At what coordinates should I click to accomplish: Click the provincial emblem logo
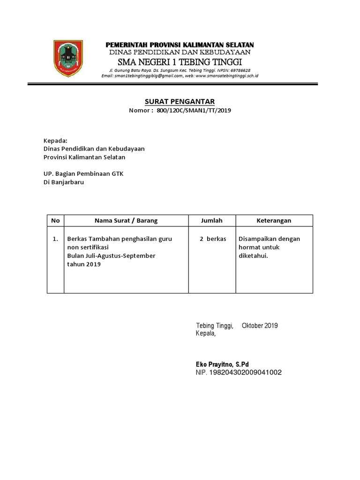(69, 59)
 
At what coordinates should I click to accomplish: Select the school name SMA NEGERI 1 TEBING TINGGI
(180, 62)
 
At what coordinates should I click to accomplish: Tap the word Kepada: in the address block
(55, 140)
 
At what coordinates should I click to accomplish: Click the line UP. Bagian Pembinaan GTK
(83, 173)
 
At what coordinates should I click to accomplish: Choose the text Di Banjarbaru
(63, 182)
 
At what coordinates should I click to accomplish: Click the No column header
(55, 220)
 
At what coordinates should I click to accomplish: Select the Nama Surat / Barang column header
(126, 220)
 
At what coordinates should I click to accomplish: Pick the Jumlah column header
(212, 220)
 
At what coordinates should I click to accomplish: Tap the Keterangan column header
(274, 220)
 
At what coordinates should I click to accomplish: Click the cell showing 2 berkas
(213, 239)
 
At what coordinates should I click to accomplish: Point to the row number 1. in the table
(55, 239)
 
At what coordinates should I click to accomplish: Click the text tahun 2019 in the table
(84, 264)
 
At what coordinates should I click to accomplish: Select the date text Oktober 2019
(260, 325)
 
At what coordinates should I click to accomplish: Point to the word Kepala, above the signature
(205, 333)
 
